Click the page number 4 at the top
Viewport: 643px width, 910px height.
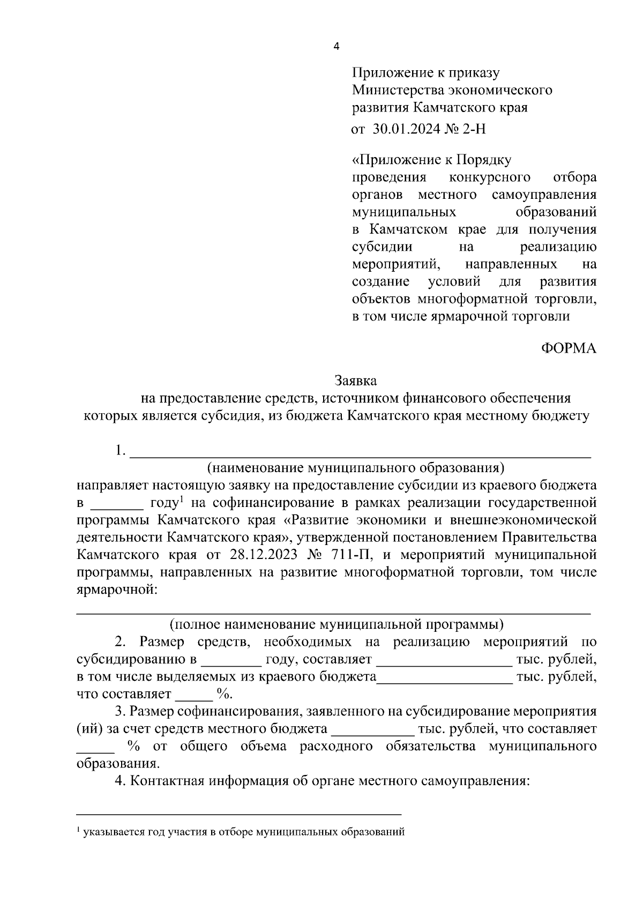tap(336, 47)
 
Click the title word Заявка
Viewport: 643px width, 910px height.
tap(356, 381)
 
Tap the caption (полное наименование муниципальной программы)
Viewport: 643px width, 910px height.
tap(337, 624)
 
